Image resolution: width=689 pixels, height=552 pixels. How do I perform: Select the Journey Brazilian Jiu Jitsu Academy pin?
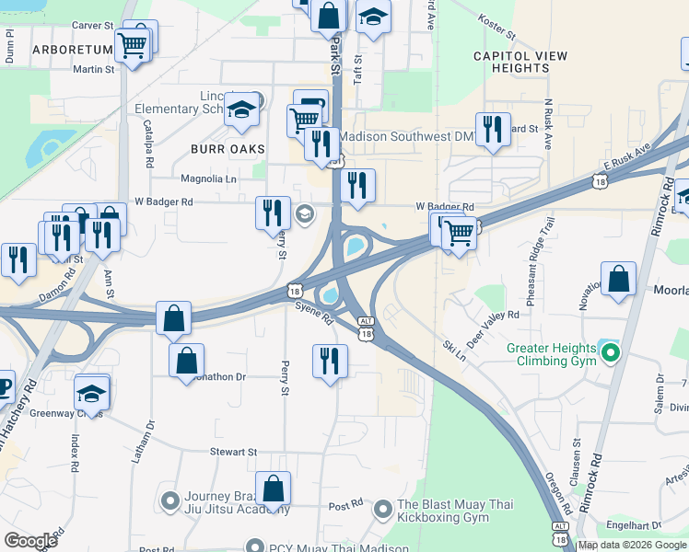point(169,500)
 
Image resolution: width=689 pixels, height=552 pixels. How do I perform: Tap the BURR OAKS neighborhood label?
point(228,148)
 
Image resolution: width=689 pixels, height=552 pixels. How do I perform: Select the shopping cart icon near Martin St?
point(133,45)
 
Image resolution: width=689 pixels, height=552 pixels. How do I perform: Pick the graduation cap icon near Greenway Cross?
point(91,393)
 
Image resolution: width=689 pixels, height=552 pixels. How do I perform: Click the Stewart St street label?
point(233,452)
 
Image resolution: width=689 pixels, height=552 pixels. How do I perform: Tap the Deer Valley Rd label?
point(493,329)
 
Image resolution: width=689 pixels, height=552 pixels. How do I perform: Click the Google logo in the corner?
point(31,541)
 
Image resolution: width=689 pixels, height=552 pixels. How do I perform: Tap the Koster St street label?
point(497,25)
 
